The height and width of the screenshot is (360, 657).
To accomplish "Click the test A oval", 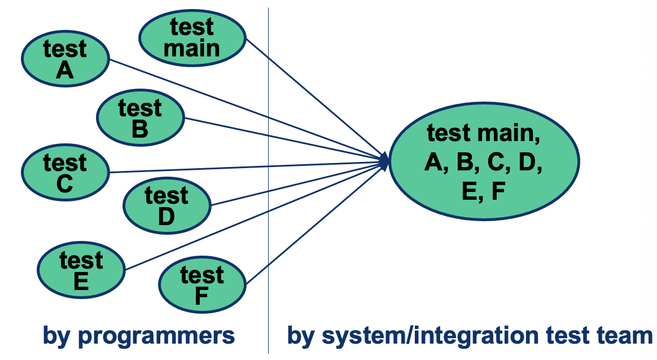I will click(x=65, y=59).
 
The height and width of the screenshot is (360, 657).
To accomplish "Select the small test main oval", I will click(x=192, y=37).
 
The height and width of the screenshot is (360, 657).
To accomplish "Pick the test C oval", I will click(x=65, y=173).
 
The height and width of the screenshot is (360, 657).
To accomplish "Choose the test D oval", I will click(x=167, y=206).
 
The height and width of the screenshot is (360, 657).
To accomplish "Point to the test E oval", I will click(x=81, y=271).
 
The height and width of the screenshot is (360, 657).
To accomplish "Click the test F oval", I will click(x=203, y=286).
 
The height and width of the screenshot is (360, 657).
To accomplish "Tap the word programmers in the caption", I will click(x=155, y=336).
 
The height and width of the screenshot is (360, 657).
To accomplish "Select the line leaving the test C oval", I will click(x=226, y=168).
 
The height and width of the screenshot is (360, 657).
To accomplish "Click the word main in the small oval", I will click(x=192, y=48).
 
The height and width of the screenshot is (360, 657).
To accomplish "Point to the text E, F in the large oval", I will click(x=483, y=192).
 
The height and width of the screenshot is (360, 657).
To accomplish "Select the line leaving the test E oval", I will click(x=226, y=229).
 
